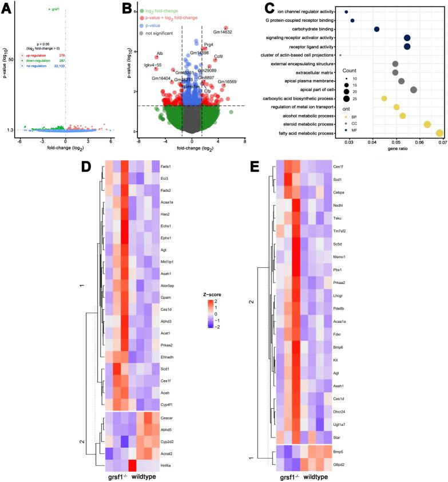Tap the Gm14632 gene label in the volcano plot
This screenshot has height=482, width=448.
(223, 33)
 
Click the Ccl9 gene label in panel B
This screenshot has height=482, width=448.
(218, 56)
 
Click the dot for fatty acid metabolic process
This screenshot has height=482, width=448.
(439, 133)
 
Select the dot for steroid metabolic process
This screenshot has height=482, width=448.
(427, 124)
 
